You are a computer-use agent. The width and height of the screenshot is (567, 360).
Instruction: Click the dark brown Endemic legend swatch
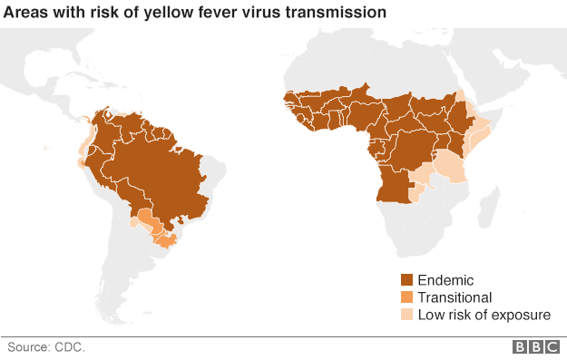pos(407,280)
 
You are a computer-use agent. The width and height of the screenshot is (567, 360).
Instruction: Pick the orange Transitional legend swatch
pos(407,297)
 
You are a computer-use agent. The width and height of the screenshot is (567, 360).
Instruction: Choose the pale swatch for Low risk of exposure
pos(407,315)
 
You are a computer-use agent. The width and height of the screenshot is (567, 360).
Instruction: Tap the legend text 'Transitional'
pos(455,297)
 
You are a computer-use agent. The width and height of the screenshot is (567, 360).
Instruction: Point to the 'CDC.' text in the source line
pos(68,346)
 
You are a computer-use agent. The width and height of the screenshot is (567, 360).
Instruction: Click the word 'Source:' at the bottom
pos(29,346)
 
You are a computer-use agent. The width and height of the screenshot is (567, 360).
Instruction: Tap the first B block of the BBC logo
pos(522,347)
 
